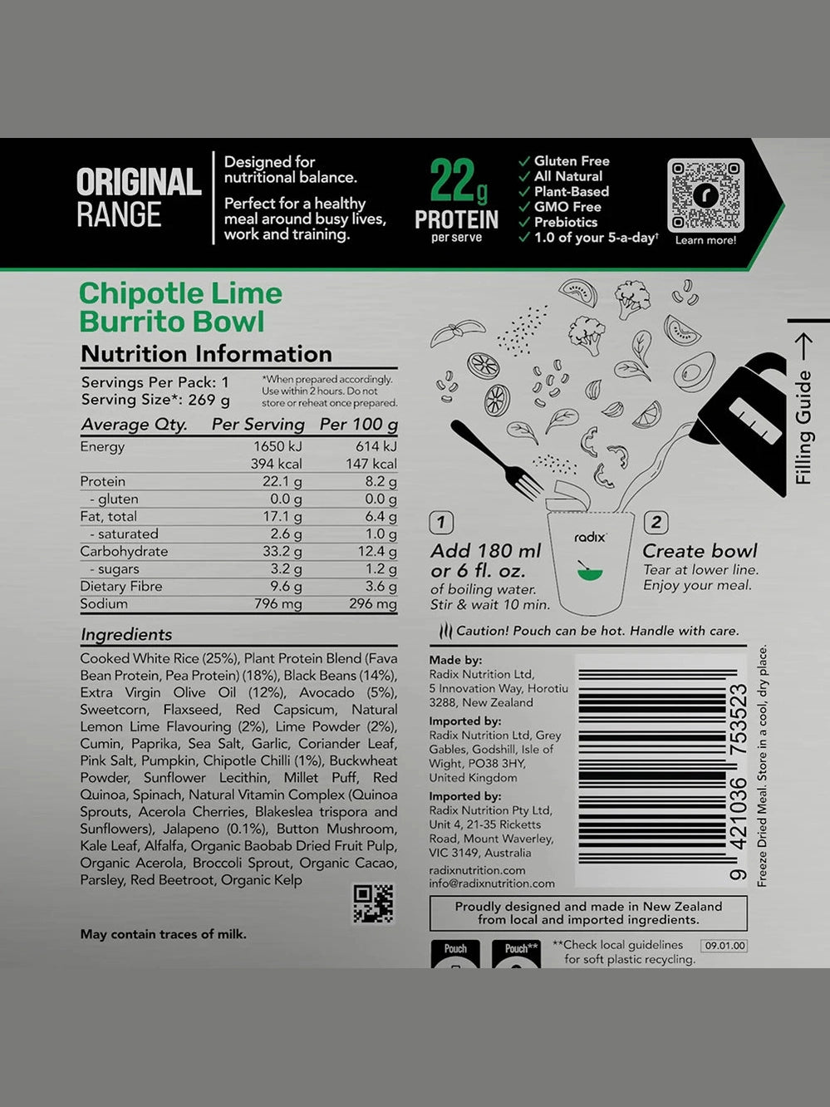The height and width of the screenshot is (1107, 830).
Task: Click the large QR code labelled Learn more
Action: (x=705, y=195)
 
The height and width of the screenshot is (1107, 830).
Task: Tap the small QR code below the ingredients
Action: (x=373, y=903)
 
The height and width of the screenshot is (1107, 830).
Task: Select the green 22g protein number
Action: (x=457, y=181)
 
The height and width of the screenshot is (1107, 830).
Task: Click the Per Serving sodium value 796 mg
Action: (x=278, y=604)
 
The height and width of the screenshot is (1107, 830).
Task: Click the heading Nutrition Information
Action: (x=206, y=354)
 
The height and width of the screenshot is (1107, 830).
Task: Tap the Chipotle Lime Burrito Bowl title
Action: (x=180, y=307)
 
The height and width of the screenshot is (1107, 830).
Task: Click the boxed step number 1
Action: (x=441, y=523)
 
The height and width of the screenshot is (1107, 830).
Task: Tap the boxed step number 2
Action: (x=656, y=523)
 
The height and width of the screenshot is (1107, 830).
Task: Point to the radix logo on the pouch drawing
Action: (x=590, y=538)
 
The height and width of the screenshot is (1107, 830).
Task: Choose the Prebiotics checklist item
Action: (x=565, y=222)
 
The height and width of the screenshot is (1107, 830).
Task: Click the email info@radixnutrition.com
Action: (x=492, y=883)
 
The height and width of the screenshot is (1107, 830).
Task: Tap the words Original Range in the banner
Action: (x=138, y=198)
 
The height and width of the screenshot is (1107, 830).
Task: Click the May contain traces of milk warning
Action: (x=164, y=934)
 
